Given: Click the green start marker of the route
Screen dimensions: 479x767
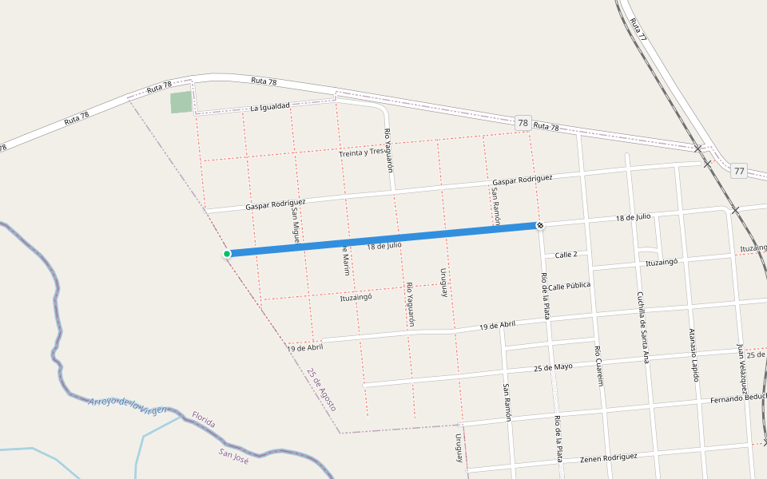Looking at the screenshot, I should click(x=227, y=254).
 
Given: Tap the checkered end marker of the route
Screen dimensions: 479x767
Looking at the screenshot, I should click(x=540, y=226).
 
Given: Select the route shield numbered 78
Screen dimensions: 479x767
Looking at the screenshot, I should click(x=523, y=123).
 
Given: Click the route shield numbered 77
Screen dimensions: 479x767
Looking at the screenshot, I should click(x=737, y=171).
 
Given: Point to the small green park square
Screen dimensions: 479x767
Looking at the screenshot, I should click(x=181, y=102).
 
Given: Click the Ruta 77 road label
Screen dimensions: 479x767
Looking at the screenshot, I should click(x=638, y=29).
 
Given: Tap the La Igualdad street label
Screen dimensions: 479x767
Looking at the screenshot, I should click(x=270, y=107).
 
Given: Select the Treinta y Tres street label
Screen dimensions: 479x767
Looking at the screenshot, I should click(x=361, y=152).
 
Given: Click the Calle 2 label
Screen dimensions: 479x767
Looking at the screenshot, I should click(x=566, y=255).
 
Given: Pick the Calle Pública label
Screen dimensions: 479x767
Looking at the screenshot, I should click(x=570, y=285).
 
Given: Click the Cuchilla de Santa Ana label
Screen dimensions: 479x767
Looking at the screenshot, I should click(x=642, y=327).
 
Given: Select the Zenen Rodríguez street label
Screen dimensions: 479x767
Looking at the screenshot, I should click(x=609, y=457).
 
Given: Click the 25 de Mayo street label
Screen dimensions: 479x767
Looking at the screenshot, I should click(x=553, y=367).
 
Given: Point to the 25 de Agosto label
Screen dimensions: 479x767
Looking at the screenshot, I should click(x=320, y=390).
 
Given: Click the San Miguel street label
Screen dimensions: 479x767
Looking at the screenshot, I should click(x=295, y=222).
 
